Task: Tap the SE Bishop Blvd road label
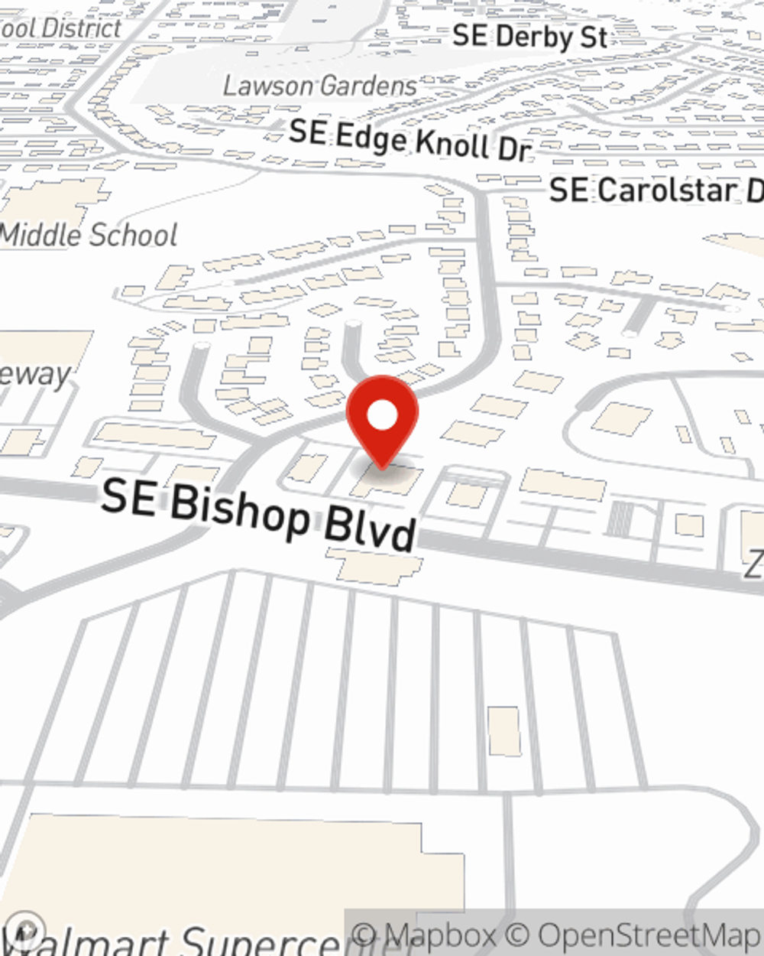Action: coord(260,513)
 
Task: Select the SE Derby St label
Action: coord(529,36)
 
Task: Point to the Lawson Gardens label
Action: coord(320,85)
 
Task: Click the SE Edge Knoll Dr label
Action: coord(410,139)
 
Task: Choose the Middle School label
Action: coord(89,234)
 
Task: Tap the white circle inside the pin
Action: coord(383,416)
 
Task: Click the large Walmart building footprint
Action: coord(229,864)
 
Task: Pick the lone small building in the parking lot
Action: coord(504,731)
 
